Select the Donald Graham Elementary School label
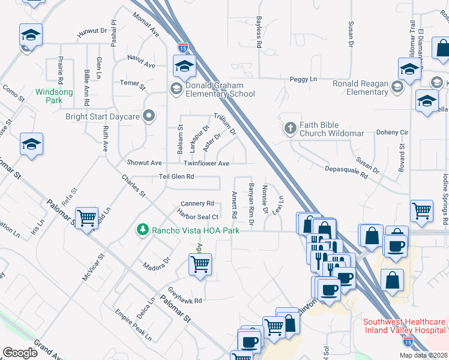tap(220, 89)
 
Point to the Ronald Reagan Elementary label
tap(360, 88)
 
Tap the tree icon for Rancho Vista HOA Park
tap(143, 230)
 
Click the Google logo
tap(20, 353)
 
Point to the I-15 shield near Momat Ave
tap(182, 46)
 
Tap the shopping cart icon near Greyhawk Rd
tap(200, 263)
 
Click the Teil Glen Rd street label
tap(176, 177)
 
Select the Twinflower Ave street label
tap(206, 163)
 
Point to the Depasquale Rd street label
tap(346, 173)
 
